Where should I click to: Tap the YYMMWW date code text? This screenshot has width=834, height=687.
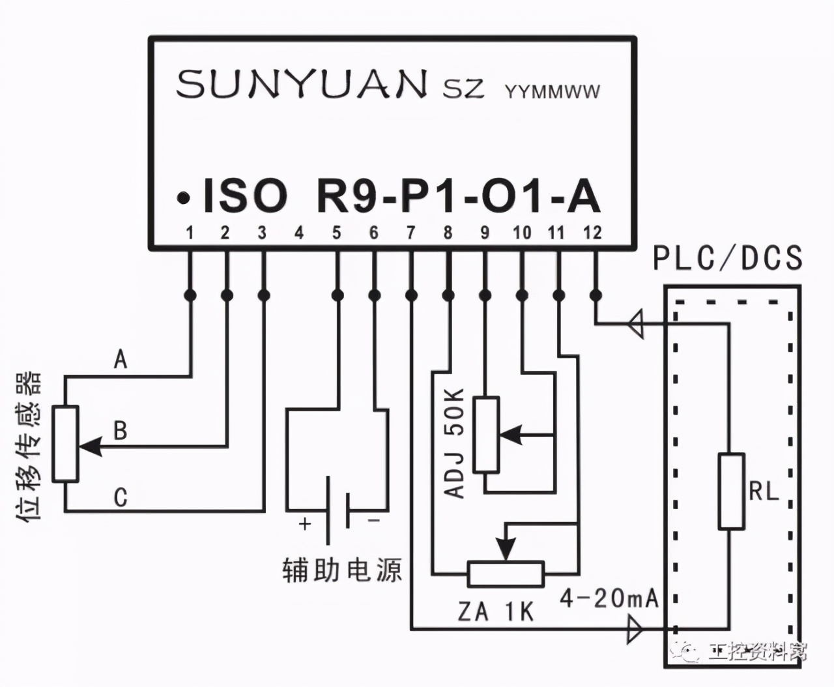(553, 92)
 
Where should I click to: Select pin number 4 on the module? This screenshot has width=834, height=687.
(299, 233)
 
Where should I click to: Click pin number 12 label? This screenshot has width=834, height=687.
(592, 232)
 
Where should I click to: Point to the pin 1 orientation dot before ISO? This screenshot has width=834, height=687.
(183, 198)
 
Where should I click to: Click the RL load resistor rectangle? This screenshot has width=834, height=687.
(731, 491)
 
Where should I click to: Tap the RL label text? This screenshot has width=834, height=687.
(764, 491)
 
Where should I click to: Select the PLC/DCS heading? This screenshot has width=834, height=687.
(727, 258)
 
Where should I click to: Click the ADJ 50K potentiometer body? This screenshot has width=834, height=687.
(486, 435)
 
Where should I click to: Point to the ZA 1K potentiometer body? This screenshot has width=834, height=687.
(506, 574)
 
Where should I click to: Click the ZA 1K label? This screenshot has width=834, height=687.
(495, 612)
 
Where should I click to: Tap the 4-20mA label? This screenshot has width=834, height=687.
(609, 599)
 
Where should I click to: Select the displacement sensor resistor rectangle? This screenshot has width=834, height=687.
(65, 443)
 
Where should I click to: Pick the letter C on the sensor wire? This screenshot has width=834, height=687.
(121, 497)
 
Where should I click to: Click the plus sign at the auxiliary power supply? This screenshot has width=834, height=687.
(305, 523)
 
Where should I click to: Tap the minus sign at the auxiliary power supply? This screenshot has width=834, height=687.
(373, 520)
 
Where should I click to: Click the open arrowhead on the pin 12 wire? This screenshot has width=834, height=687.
(636, 324)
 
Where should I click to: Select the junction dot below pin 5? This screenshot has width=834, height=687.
(338, 295)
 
